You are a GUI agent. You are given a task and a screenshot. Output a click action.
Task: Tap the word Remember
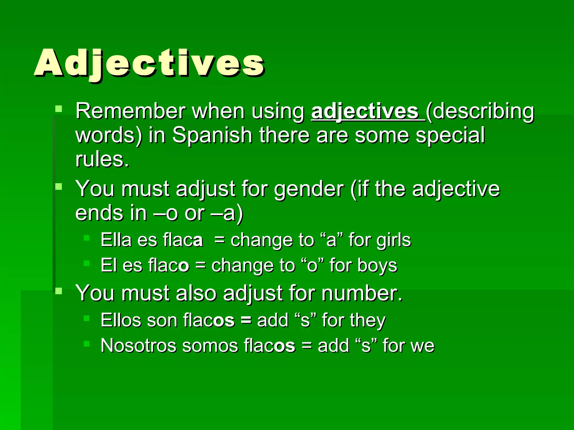click(130, 111)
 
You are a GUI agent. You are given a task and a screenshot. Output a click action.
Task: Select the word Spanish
click(212, 135)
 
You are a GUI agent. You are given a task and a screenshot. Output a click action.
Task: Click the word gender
click(309, 189)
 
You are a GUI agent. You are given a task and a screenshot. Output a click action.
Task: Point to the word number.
click(362, 293)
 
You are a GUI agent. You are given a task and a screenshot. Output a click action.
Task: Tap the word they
click(367, 321)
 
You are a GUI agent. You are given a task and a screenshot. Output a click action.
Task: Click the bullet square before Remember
click(59, 109)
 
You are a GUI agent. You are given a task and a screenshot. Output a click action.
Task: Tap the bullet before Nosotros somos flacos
click(86, 343)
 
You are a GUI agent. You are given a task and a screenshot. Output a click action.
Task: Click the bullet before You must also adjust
click(59, 291)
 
